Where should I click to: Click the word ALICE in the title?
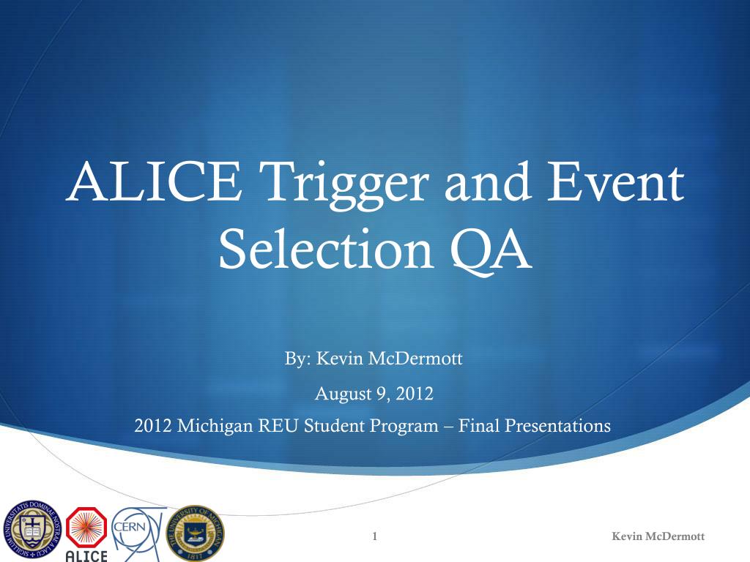154,181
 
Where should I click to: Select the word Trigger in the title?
344,187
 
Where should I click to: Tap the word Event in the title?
615,181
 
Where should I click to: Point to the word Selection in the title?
326,249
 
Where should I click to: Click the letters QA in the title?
491,252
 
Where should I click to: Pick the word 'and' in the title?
487,181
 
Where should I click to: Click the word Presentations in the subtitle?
557,426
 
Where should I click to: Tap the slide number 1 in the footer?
374,536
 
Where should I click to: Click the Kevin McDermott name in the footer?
658,536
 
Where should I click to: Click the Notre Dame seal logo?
32,530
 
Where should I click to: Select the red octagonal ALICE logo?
86,534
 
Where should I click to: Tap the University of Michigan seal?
195,533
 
